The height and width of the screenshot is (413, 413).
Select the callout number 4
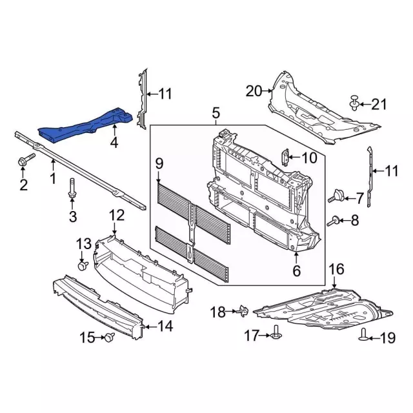114,143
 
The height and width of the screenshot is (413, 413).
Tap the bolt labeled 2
26,160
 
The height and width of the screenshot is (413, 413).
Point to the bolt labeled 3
72,188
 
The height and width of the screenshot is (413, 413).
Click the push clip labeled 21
354,103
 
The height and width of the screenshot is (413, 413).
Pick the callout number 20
254,92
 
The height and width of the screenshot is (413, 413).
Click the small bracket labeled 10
285,157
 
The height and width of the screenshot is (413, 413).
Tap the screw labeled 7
336,196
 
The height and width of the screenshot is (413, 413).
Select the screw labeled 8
334,221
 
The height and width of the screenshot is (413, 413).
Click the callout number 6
297,271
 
